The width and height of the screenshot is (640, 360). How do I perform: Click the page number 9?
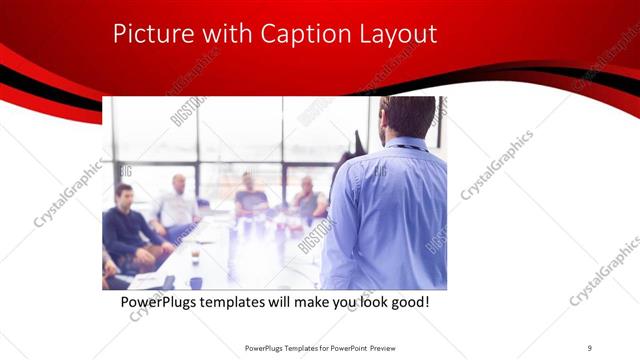point(590,348)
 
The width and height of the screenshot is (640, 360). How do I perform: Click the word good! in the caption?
point(409,301)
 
